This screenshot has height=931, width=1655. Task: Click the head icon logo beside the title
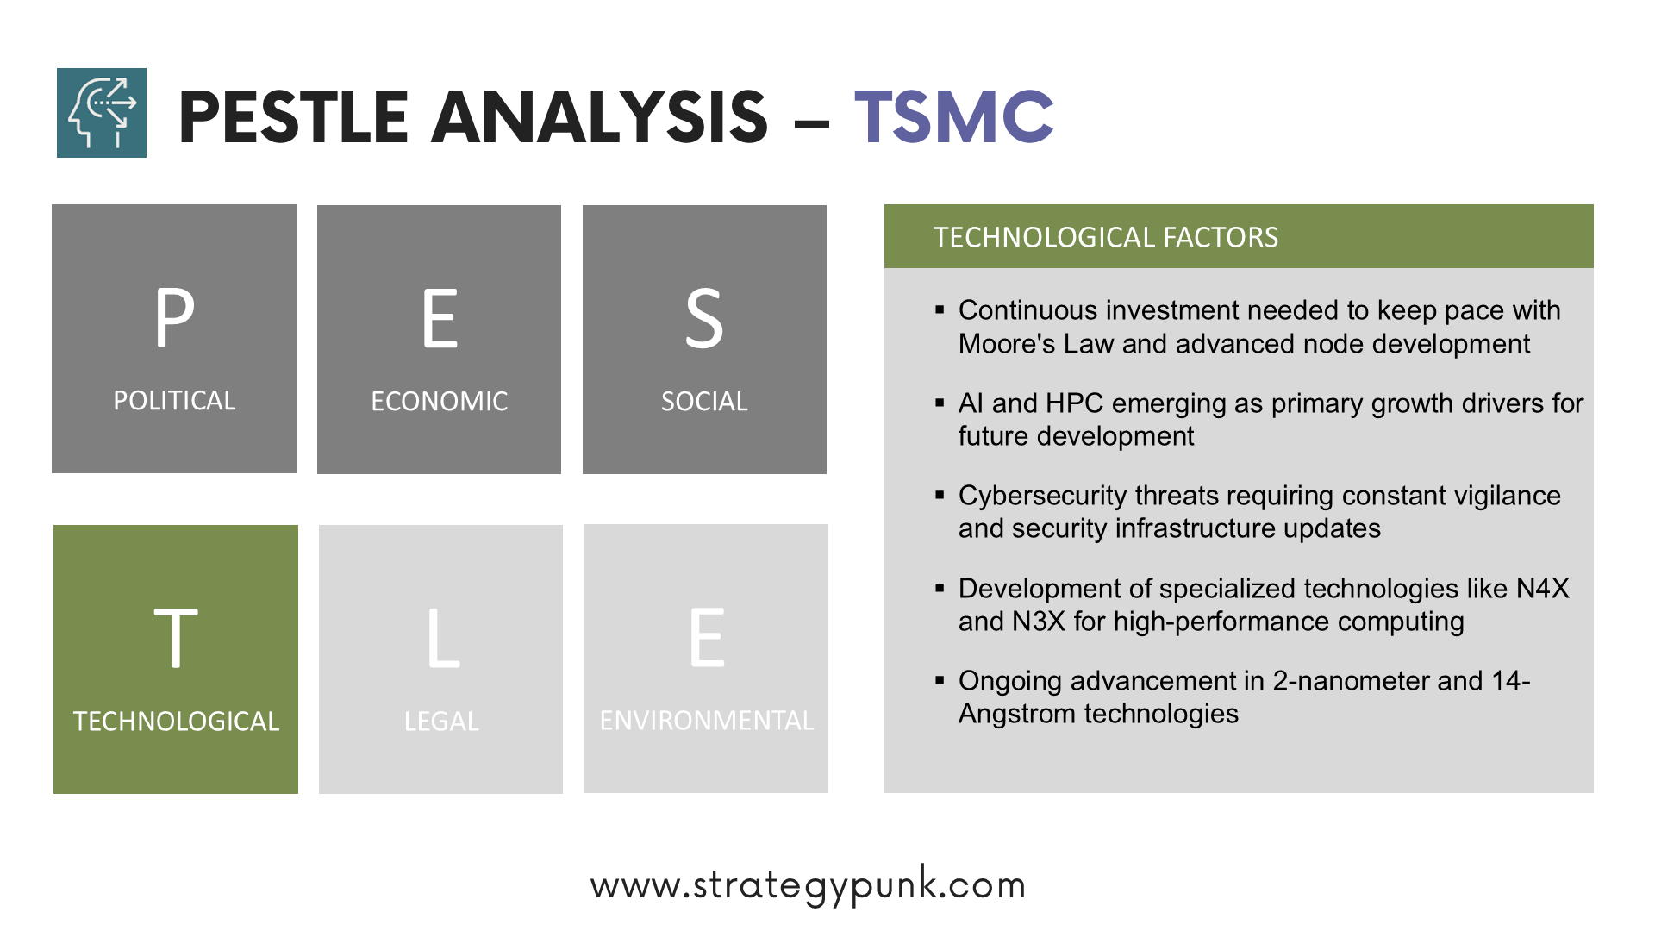[x=102, y=113]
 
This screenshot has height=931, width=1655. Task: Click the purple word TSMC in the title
[x=954, y=116]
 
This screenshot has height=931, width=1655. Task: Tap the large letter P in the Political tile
[x=174, y=316]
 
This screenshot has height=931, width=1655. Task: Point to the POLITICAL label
[x=174, y=400]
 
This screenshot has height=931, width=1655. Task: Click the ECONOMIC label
[x=440, y=401]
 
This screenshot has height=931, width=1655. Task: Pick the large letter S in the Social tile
[x=704, y=319]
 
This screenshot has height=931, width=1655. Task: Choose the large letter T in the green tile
[x=176, y=637]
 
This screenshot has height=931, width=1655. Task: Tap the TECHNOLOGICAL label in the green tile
[x=176, y=721]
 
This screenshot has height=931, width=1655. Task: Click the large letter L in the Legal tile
[x=443, y=638]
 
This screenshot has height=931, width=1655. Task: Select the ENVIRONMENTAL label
[x=707, y=720]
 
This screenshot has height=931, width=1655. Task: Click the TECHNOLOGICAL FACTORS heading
[x=1106, y=237]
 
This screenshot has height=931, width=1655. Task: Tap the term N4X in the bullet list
[x=1543, y=588]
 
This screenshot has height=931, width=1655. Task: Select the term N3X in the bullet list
[x=1039, y=621]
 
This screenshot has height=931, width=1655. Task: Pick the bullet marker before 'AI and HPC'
[x=940, y=403]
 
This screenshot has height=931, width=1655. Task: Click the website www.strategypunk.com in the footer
[x=809, y=885]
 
